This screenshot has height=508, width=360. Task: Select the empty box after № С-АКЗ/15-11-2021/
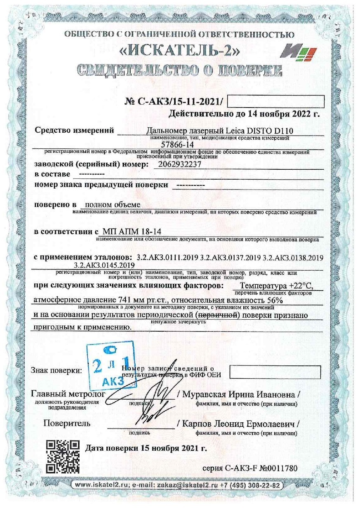coord(276,101)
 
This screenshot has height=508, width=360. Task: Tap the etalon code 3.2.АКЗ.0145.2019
coord(105,265)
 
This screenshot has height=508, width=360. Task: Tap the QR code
coord(62,456)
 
